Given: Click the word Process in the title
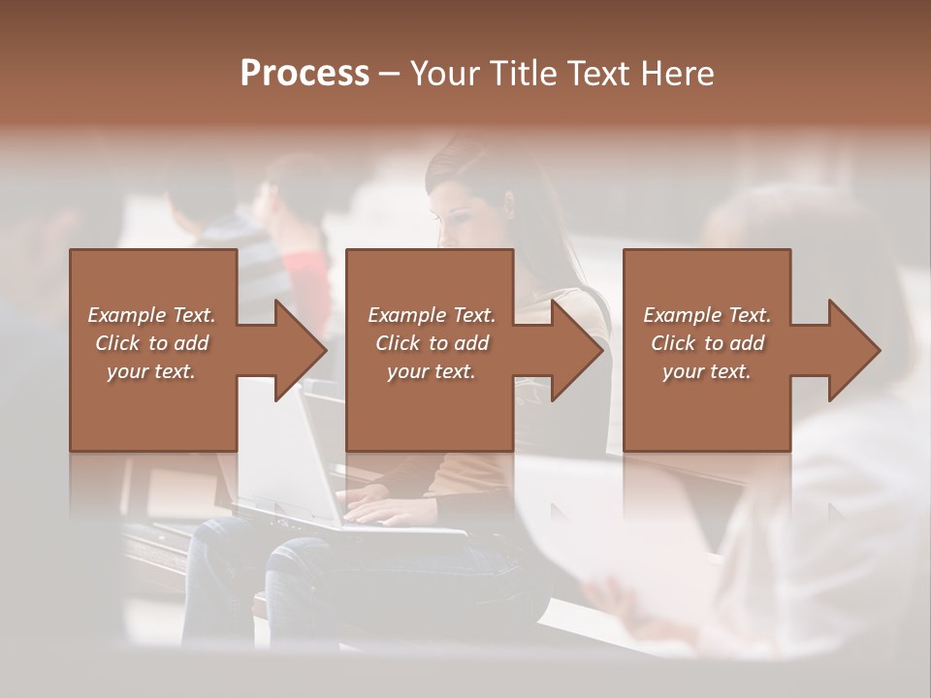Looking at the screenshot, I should pos(305,74).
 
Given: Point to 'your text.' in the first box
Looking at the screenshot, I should pos(151,371).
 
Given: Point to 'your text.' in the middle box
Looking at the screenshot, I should pos(432,371).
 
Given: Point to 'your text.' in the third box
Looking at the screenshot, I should pos(707,371).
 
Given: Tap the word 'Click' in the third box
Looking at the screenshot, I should pos(674,343).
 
